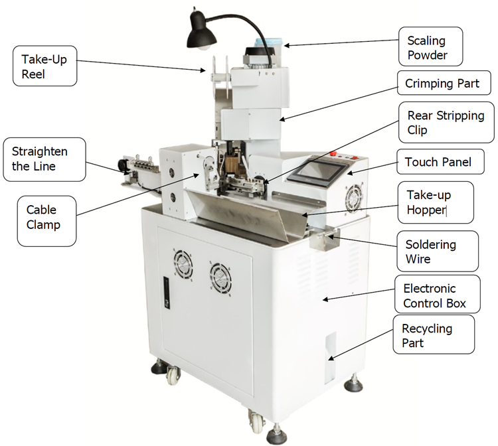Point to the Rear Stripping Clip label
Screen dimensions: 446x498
coord(446,123)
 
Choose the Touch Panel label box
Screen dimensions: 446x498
coord(438,162)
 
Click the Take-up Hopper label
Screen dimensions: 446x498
coord(436,202)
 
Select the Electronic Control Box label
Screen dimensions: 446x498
coord(440,296)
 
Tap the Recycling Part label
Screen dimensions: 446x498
coord(439,335)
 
